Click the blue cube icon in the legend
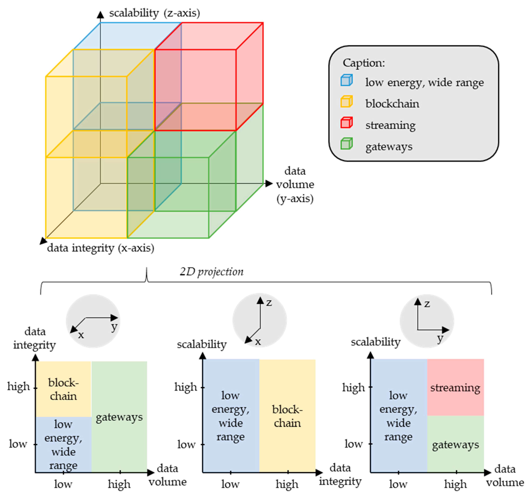tap(346, 80)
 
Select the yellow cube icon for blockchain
tap(346, 101)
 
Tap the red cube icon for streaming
tap(346, 123)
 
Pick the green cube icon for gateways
tap(346, 144)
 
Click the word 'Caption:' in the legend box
tap(364, 63)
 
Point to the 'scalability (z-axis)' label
tap(154, 13)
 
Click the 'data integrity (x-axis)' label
tap(101, 248)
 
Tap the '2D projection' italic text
tap(211, 272)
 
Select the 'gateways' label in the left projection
tap(119, 417)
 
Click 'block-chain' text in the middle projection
tap(287, 416)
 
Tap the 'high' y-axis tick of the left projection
tap(18, 386)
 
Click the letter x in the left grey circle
tap(81, 335)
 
